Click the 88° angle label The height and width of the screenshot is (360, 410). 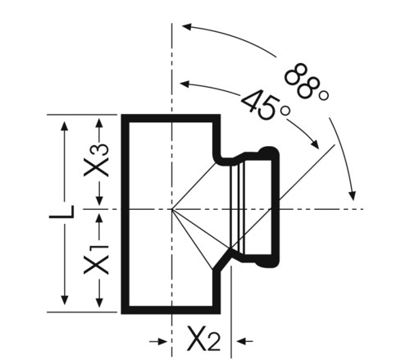click(x=307, y=82)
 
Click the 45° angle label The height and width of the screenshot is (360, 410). click(x=266, y=104)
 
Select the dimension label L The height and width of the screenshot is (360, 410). click(x=61, y=212)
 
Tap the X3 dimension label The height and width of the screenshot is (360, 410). click(x=96, y=160)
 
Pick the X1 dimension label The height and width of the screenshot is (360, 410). click(x=96, y=260)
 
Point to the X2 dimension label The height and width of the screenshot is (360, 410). click(x=203, y=338)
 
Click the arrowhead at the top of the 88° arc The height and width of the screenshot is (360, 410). click(x=186, y=27)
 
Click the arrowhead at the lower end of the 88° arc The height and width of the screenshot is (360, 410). click(x=353, y=196)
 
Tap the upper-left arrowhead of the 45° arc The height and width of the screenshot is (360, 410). click(x=185, y=84)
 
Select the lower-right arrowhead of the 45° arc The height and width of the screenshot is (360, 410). click(x=315, y=144)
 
